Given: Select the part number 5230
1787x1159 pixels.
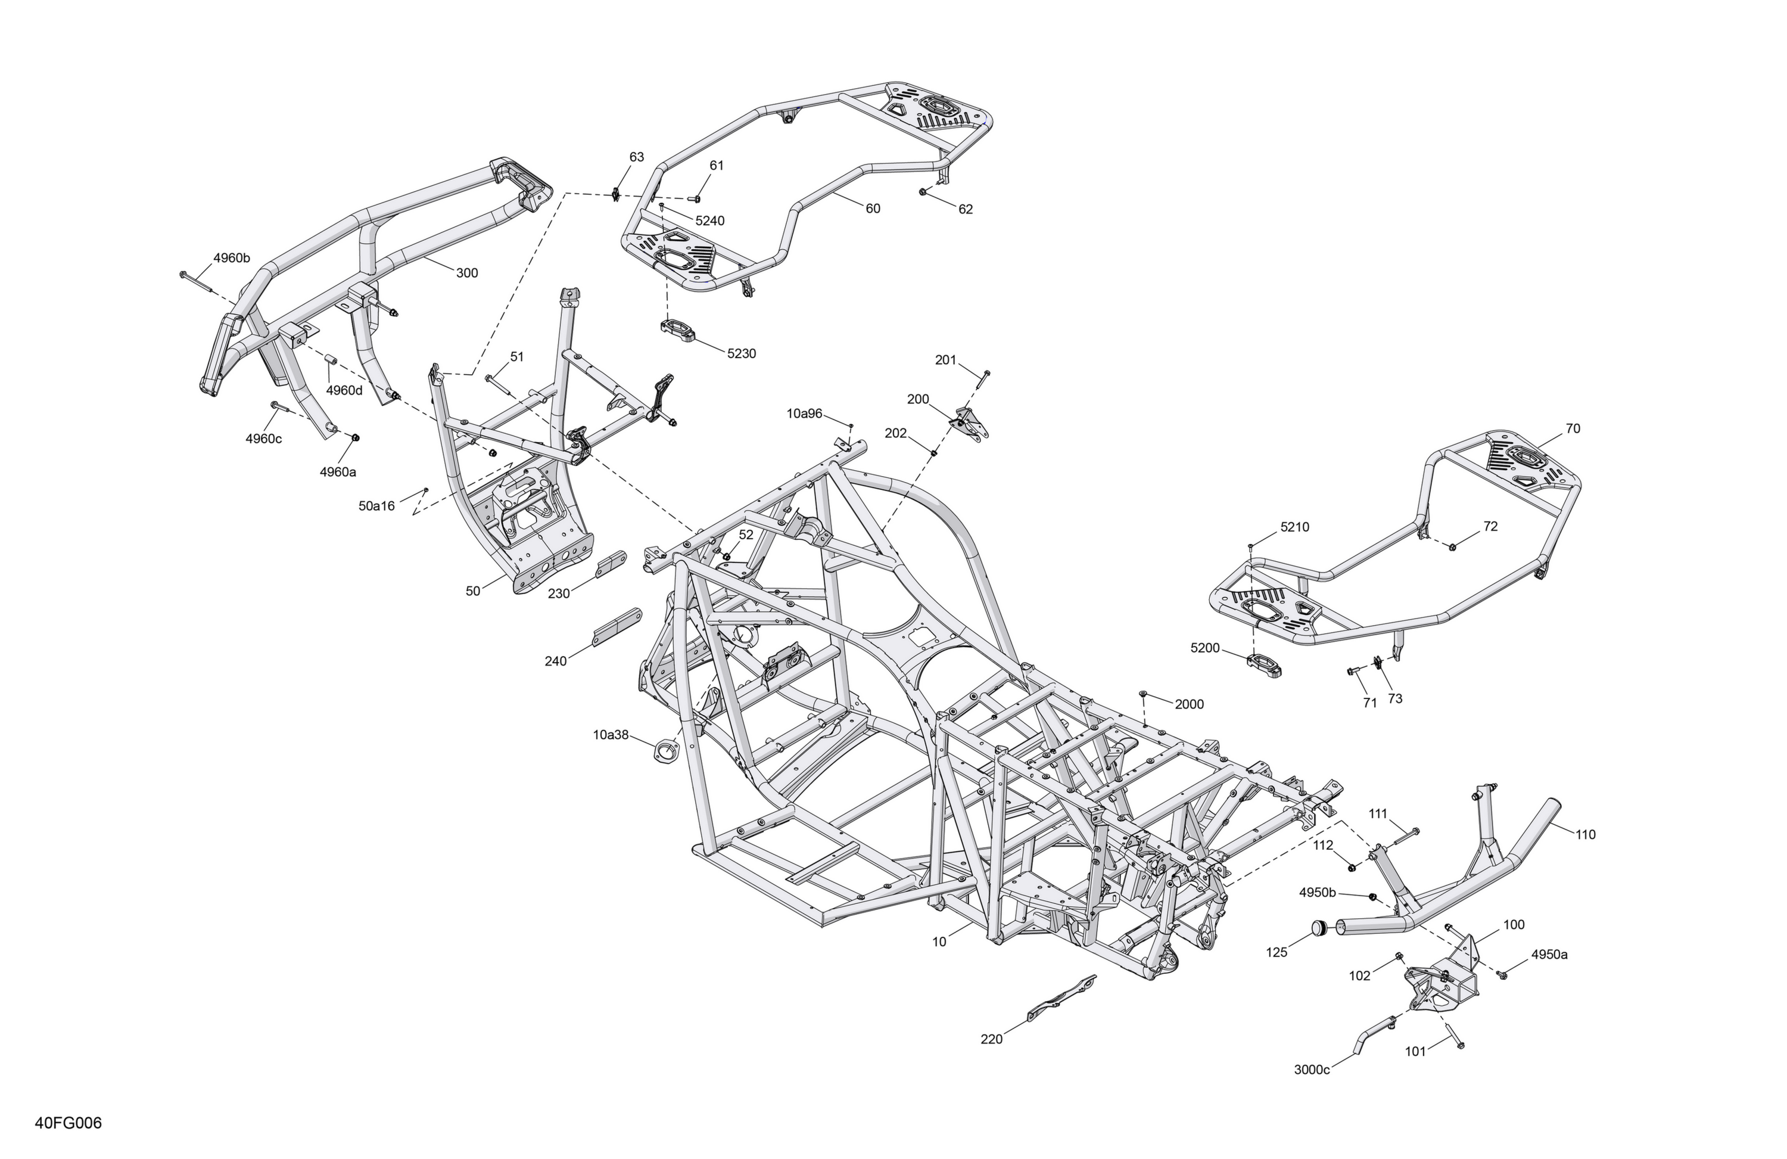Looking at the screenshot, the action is (x=741, y=354).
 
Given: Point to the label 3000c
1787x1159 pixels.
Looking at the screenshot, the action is (x=1312, y=1070).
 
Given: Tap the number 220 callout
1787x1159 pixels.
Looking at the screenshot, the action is (x=991, y=1040).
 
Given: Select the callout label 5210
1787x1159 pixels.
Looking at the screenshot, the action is (x=1294, y=527).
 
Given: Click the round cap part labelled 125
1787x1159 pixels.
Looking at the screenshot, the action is (x=1321, y=928).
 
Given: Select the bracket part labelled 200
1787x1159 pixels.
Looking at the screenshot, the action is (x=972, y=423).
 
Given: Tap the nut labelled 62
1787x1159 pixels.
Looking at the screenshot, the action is (x=922, y=193).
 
